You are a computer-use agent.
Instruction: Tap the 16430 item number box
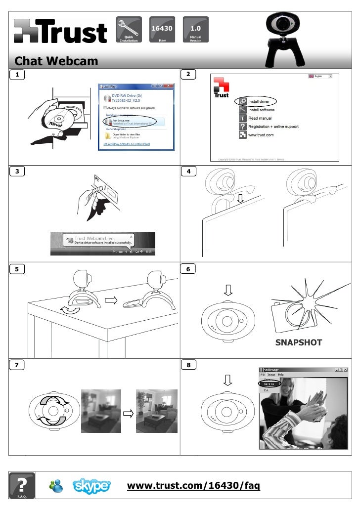162,30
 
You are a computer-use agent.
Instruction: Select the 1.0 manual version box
195,30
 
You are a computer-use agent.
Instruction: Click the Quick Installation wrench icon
128,30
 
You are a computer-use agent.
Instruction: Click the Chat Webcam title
49,61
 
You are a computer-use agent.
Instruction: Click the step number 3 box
18,171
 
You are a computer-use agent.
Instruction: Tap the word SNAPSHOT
299,342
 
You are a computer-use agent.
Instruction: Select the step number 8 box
188,365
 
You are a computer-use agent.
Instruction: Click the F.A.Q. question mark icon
22,485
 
